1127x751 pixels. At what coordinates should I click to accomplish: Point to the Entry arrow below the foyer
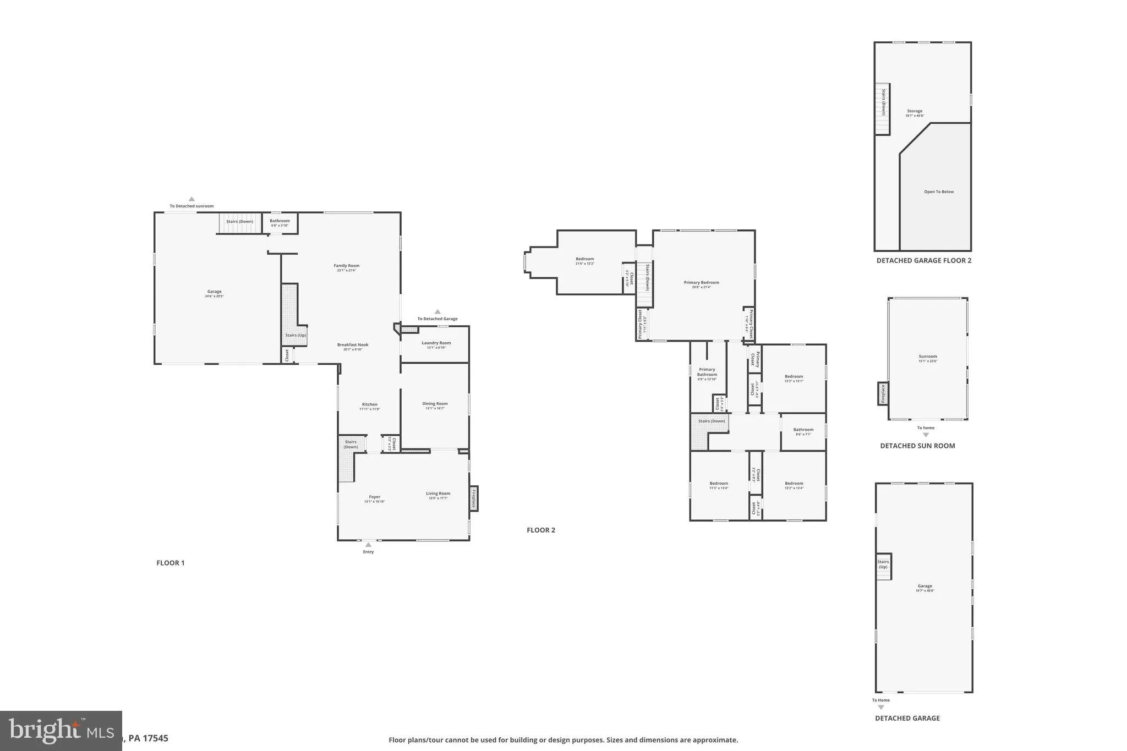[x=368, y=545]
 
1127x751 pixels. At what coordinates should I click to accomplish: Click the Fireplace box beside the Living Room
[x=473, y=498]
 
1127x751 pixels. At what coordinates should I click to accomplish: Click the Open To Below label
[x=939, y=191]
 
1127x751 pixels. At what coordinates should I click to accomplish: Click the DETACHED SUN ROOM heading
[x=917, y=446]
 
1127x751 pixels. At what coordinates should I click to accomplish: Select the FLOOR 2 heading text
[x=541, y=530]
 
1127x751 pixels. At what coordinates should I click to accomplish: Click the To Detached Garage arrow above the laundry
[x=437, y=312]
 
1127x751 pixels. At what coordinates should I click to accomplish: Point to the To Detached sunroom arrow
[x=192, y=199]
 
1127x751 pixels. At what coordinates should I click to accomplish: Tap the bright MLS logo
[x=61, y=731]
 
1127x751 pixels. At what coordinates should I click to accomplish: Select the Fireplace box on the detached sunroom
[x=883, y=394]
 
